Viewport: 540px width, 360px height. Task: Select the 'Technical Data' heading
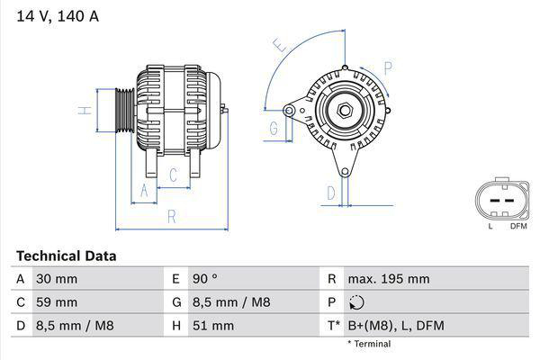click(x=66, y=256)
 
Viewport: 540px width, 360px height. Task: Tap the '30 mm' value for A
click(x=56, y=279)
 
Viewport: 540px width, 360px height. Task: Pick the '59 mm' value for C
click(x=56, y=302)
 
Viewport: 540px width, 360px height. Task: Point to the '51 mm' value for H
click(x=211, y=326)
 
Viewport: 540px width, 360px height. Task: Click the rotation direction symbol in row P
click(x=358, y=302)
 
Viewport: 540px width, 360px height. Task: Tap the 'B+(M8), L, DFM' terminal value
click(x=397, y=326)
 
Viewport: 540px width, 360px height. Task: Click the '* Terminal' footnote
click(x=369, y=344)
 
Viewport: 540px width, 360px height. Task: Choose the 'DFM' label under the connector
click(x=518, y=226)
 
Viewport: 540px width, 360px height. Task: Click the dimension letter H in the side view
click(x=84, y=111)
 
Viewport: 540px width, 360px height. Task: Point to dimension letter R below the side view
click(x=170, y=216)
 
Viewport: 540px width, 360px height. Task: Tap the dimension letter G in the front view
click(x=274, y=130)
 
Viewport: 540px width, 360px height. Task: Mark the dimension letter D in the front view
click(x=330, y=192)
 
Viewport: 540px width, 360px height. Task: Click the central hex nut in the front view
click(x=344, y=111)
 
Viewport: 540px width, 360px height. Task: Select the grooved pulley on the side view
click(x=124, y=110)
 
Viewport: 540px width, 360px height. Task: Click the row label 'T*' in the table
click(x=335, y=326)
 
